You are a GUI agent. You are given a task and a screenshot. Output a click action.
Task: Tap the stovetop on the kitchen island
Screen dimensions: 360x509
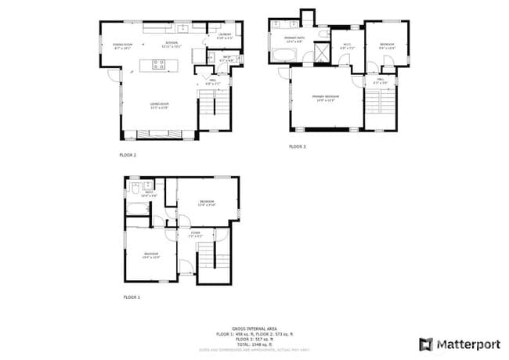[158, 65]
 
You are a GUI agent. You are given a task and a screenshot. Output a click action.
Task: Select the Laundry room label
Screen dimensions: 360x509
[223, 36]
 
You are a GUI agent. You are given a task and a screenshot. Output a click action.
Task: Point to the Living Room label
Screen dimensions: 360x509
[160, 105]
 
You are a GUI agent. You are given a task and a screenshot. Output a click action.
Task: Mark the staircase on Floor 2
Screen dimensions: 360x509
[214, 110]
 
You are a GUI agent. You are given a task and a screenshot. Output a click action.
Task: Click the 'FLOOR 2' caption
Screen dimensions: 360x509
[128, 155]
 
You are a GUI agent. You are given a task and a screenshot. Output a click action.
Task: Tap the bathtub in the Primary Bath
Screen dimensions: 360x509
[283, 55]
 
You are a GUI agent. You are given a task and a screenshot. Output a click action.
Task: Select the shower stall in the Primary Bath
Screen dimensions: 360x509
[321, 52]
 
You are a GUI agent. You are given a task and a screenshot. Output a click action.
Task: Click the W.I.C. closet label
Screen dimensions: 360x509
[348, 47]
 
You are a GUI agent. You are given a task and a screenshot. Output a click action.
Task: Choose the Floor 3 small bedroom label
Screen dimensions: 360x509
[387, 46]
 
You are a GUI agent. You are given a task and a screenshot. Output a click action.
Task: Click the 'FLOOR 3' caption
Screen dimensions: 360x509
[297, 146]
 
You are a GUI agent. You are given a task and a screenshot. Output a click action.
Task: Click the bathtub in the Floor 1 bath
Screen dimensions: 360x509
[139, 207]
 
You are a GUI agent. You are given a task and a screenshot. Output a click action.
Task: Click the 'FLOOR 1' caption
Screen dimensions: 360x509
[132, 297]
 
